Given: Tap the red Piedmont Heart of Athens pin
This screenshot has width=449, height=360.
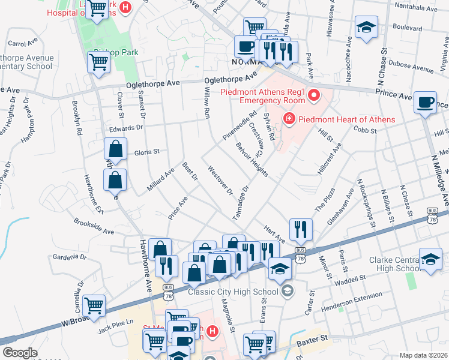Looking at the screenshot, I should pos(289,119).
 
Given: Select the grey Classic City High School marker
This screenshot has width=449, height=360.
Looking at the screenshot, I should pos(288,292).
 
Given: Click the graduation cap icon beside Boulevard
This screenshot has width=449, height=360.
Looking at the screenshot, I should pos(366,28).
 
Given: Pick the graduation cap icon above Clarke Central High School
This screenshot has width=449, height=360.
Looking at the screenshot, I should pos(430,261).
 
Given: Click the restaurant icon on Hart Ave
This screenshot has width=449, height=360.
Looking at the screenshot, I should pos(301,229).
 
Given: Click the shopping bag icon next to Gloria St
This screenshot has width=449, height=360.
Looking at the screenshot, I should pos(115,150).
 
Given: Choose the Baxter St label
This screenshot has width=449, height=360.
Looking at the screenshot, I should pos(311,341).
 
